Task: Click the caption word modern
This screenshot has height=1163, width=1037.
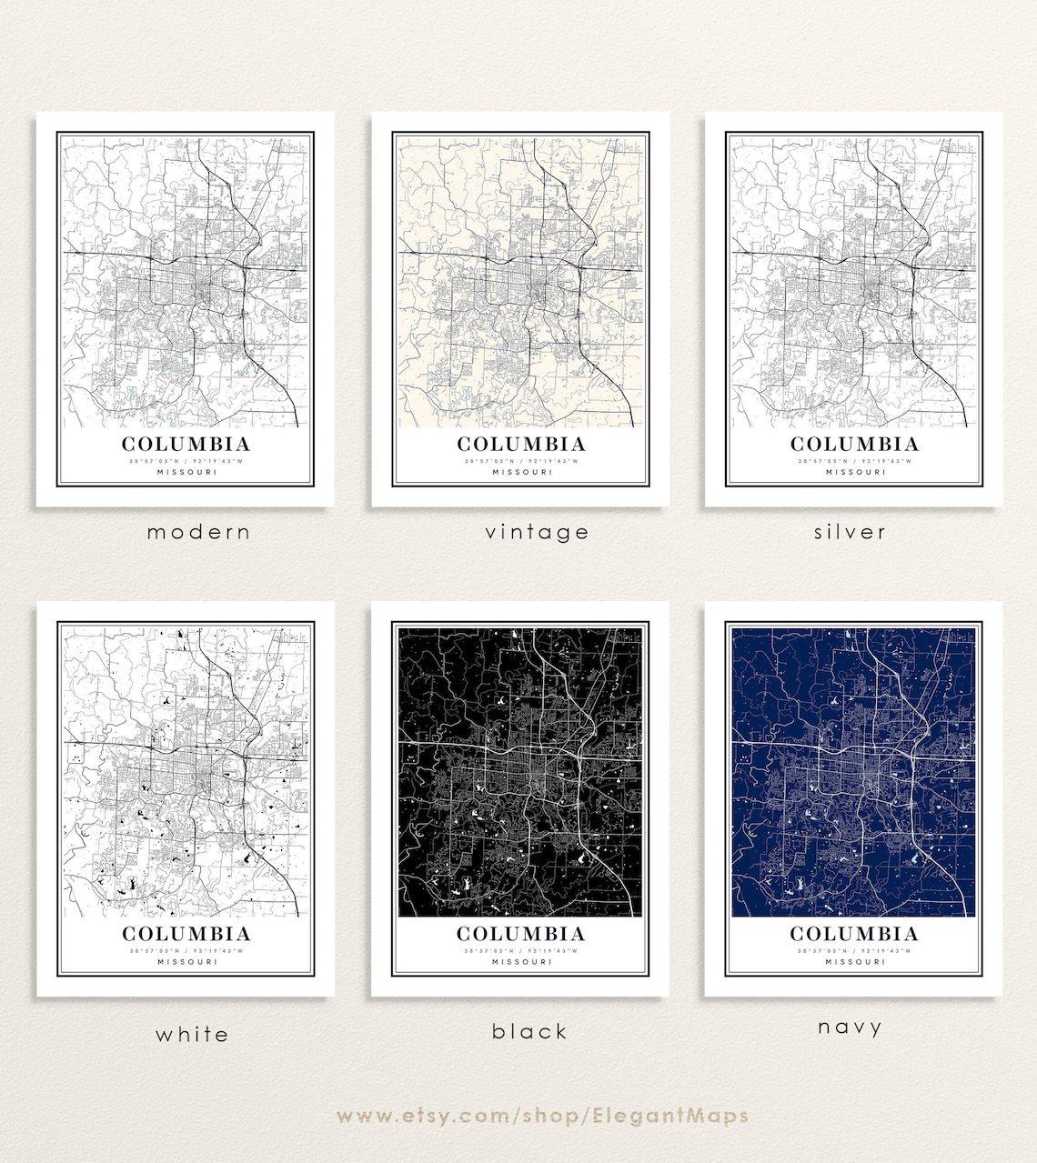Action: pyautogui.click(x=198, y=532)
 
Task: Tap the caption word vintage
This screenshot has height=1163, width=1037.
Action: pyautogui.click(x=537, y=532)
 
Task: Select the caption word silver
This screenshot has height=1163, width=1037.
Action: pyautogui.click(x=850, y=532)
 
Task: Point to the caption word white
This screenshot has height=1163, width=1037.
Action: pyautogui.click(x=192, y=1034)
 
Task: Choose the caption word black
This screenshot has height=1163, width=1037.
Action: pyautogui.click(x=529, y=1031)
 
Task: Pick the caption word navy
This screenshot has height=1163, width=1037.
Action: pyautogui.click(x=850, y=1028)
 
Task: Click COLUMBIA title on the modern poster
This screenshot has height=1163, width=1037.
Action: pyautogui.click(x=186, y=445)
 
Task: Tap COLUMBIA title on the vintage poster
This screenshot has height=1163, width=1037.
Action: pyautogui.click(x=521, y=445)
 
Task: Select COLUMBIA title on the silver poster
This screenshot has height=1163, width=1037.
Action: pyautogui.click(x=854, y=445)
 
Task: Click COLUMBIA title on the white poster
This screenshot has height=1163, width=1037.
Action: pyautogui.click(x=186, y=934)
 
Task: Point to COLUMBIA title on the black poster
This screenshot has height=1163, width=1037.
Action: pyautogui.click(x=521, y=934)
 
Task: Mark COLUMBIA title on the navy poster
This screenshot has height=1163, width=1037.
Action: pyautogui.click(x=854, y=934)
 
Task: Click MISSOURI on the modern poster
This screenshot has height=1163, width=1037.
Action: pyautogui.click(x=186, y=472)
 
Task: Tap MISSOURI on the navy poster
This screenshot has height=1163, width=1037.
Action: pyautogui.click(x=854, y=961)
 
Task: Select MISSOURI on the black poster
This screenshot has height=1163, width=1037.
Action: pyautogui.click(x=521, y=961)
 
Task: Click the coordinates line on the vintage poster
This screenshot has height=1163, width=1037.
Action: pyautogui.click(x=521, y=461)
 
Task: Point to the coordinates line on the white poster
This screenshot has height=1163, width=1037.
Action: pyautogui.click(x=186, y=950)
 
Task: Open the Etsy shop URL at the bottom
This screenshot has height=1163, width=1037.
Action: pyautogui.click(x=542, y=1116)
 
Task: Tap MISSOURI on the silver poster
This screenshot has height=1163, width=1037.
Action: pyautogui.click(x=854, y=472)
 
